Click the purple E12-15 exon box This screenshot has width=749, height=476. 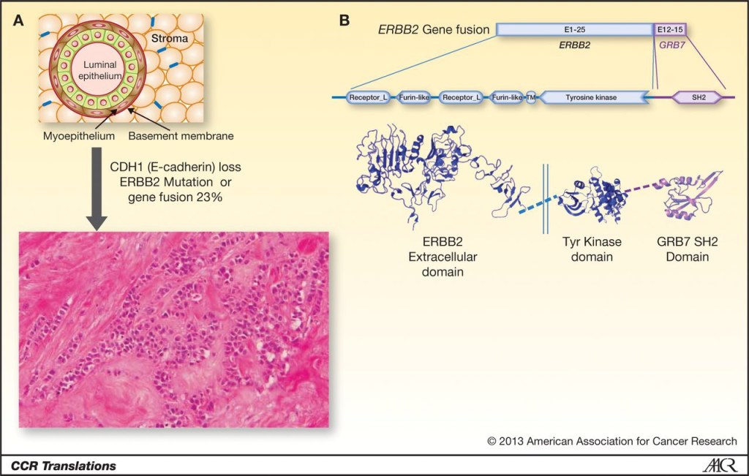pos(669,30)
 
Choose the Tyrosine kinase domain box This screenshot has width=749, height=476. pos(593,97)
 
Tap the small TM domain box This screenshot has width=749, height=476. pos(531,97)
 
